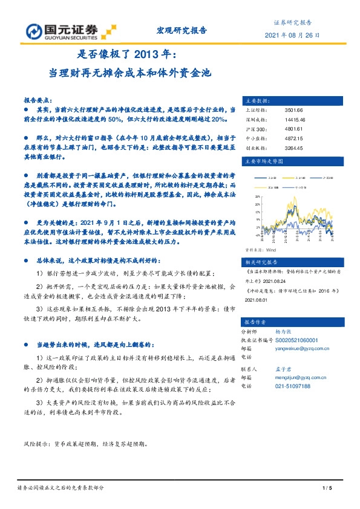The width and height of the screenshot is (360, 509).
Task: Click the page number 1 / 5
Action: pyautogui.click(x=327, y=488)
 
